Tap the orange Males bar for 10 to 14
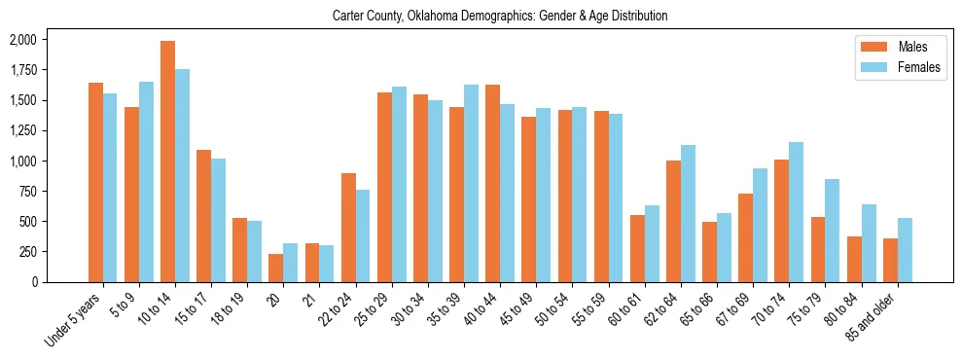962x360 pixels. (x=167, y=162)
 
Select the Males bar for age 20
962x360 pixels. (x=276, y=268)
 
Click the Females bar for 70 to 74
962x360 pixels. (x=796, y=212)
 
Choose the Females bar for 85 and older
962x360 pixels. (x=905, y=250)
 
